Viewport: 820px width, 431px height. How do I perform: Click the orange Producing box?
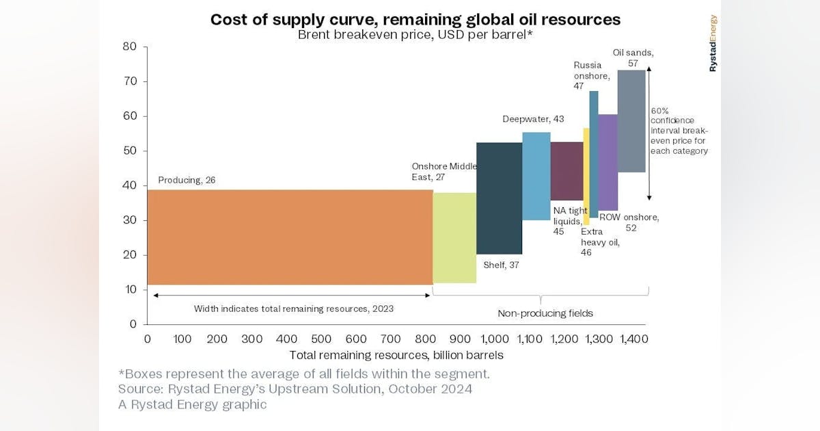coord(290,237)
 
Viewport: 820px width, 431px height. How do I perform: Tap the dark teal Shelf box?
coord(499,198)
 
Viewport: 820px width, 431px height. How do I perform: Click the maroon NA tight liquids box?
coord(566,171)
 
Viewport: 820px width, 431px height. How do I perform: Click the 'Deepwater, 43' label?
coord(534,119)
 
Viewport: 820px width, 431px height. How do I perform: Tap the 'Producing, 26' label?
coord(187,180)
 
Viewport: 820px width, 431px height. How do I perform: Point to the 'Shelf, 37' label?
coord(502,265)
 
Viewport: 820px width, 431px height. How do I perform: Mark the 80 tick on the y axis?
coord(130,47)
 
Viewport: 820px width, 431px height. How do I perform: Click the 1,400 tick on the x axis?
coord(633,339)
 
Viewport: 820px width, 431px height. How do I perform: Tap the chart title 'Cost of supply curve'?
coord(415,19)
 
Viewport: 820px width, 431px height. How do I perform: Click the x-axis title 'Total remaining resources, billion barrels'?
coord(396,355)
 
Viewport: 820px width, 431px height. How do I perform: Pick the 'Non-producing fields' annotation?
coord(545,313)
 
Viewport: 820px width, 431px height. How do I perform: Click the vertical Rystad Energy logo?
coord(713,43)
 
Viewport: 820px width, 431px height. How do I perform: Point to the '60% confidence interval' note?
coord(679,130)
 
